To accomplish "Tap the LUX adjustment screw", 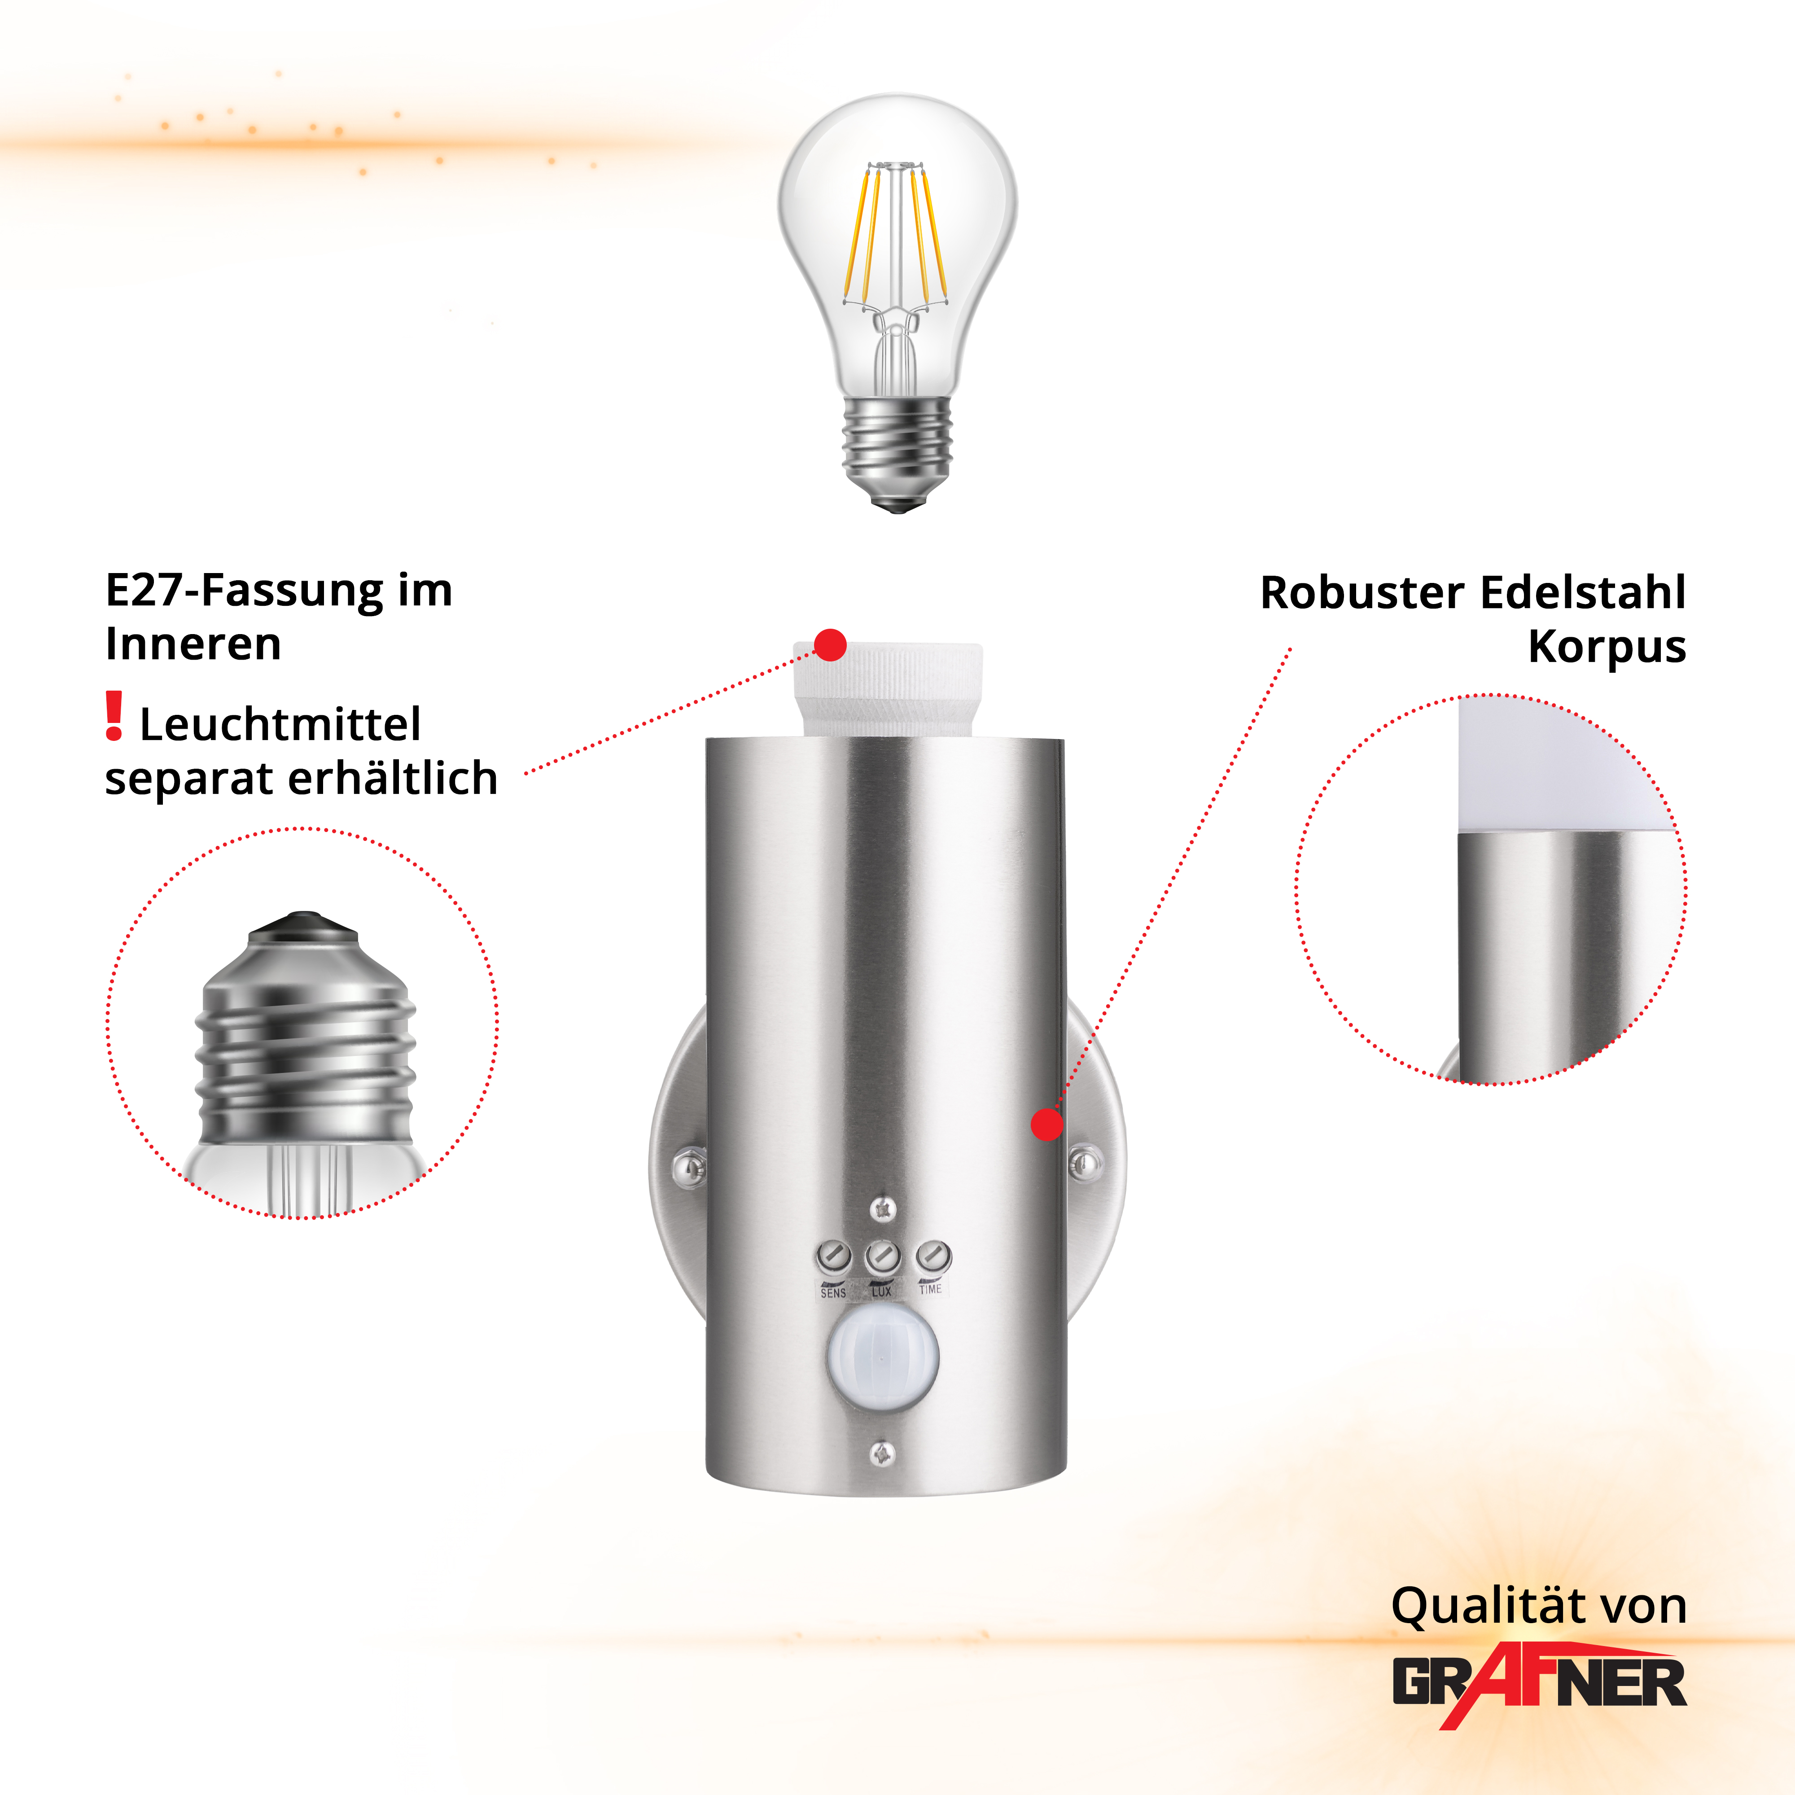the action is coord(883,1257).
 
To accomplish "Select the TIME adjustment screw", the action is coord(933,1256).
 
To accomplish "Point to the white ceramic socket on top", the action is coord(887,688).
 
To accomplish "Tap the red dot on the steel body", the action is coord(1047,1124).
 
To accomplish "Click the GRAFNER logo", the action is coord(1540,1682).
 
